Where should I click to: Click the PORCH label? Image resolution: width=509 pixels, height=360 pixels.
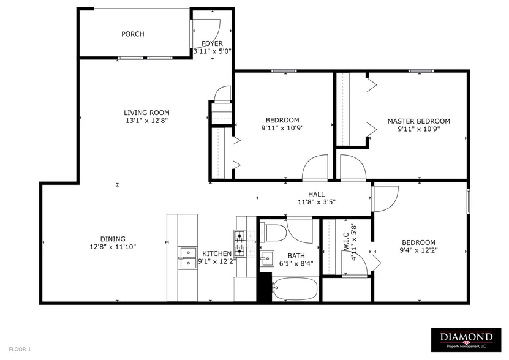[133, 34]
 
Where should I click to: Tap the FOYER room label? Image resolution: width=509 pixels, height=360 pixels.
[212, 43]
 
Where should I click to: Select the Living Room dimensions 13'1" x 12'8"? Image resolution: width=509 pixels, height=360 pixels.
[146, 121]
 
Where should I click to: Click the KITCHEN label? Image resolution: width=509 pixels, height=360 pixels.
[217, 253]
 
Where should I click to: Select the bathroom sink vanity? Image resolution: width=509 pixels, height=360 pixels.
[266, 258]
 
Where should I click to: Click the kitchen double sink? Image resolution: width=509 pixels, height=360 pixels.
[187, 258]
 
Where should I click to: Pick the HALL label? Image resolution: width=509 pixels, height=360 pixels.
[316, 194]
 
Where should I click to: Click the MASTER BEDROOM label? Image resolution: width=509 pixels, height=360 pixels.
[418, 121]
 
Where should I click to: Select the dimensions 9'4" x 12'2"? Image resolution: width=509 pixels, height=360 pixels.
[419, 250]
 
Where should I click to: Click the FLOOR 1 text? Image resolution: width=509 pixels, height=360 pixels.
[20, 349]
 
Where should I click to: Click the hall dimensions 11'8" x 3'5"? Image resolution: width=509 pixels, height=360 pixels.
[316, 202]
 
